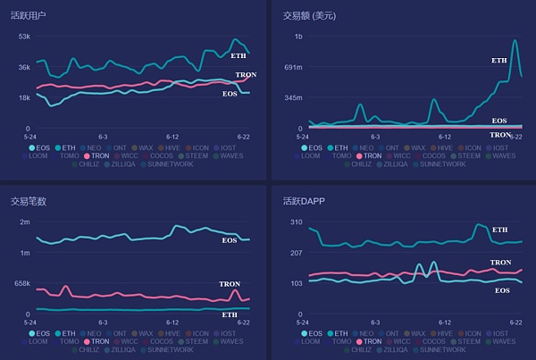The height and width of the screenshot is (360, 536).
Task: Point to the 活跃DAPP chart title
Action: point(304,201)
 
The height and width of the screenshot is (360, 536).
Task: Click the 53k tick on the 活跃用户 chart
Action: point(24,37)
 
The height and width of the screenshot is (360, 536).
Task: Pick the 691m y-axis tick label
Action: point(292,67)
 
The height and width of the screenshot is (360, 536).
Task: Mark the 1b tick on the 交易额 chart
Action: point(297,37)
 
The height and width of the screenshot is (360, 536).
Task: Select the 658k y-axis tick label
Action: point(21,283)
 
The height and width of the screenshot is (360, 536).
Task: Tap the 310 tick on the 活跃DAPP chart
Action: point(297,222)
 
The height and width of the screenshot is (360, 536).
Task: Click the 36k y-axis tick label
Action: point(24,67)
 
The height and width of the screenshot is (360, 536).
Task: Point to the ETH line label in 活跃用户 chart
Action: point(239,55)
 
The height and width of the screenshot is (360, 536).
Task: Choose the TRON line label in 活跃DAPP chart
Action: point(500,263)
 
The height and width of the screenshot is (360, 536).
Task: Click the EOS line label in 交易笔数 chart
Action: point(230,240)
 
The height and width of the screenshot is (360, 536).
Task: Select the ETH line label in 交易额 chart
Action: point(498,60)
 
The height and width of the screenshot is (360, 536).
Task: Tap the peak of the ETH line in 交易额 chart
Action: point(515,40)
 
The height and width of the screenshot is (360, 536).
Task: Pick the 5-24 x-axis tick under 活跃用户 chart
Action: point(30,136)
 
